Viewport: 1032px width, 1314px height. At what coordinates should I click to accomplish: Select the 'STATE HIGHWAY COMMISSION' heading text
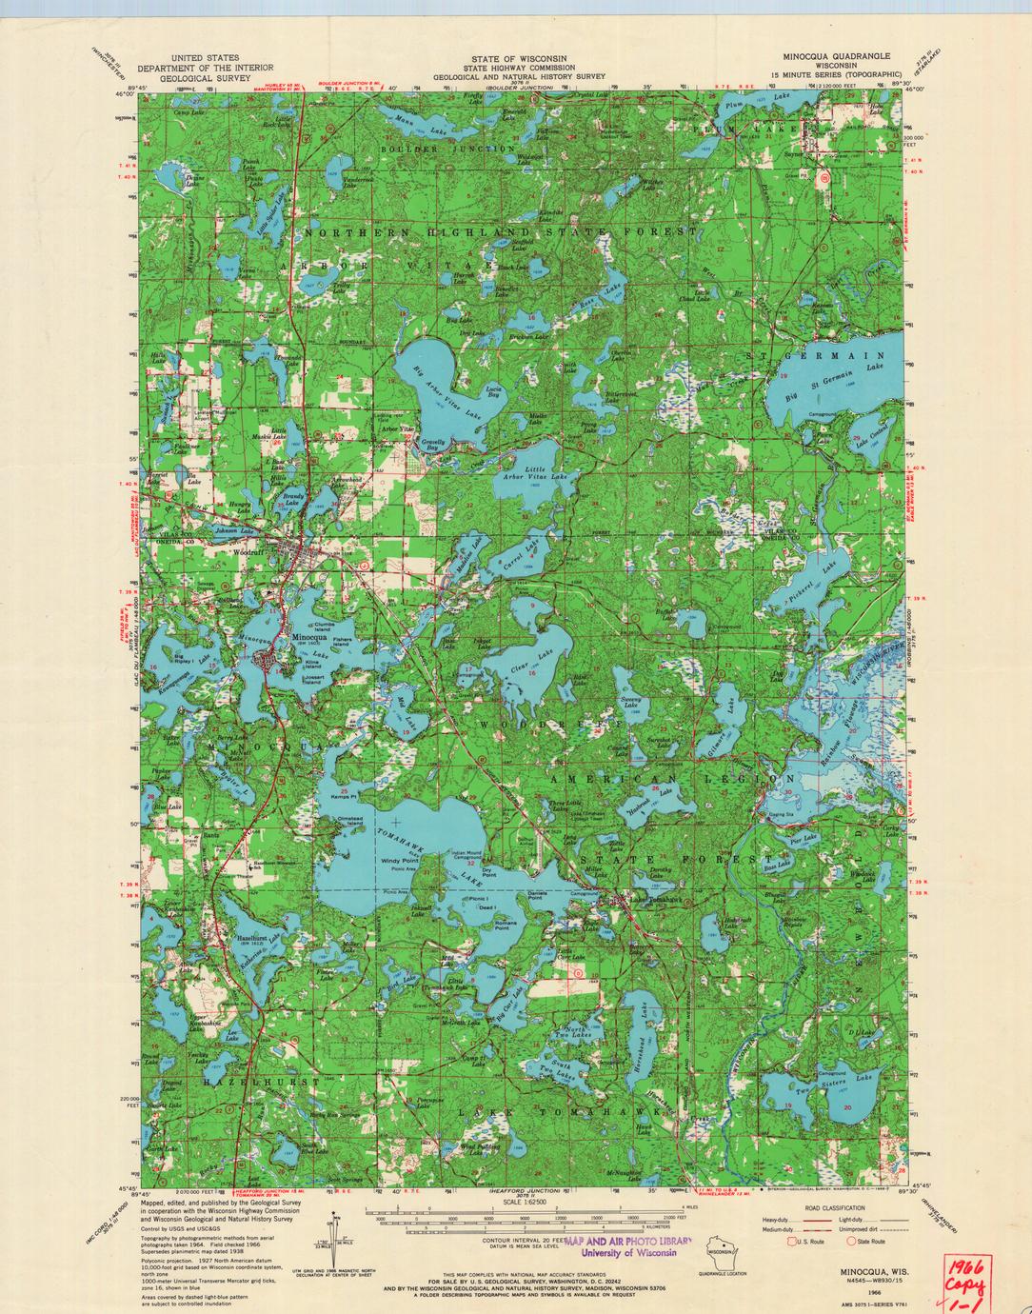[x=519, y=68]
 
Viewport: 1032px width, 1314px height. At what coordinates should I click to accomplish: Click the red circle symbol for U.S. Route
[x=789, y=1241]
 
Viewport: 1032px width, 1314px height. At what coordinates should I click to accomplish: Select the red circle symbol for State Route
[x=852, y=1241]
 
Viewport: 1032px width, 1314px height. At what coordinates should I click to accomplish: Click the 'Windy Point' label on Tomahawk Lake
[x=400, y=861]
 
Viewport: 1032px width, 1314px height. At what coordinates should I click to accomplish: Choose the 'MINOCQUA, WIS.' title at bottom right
[x=870, y=1270]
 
